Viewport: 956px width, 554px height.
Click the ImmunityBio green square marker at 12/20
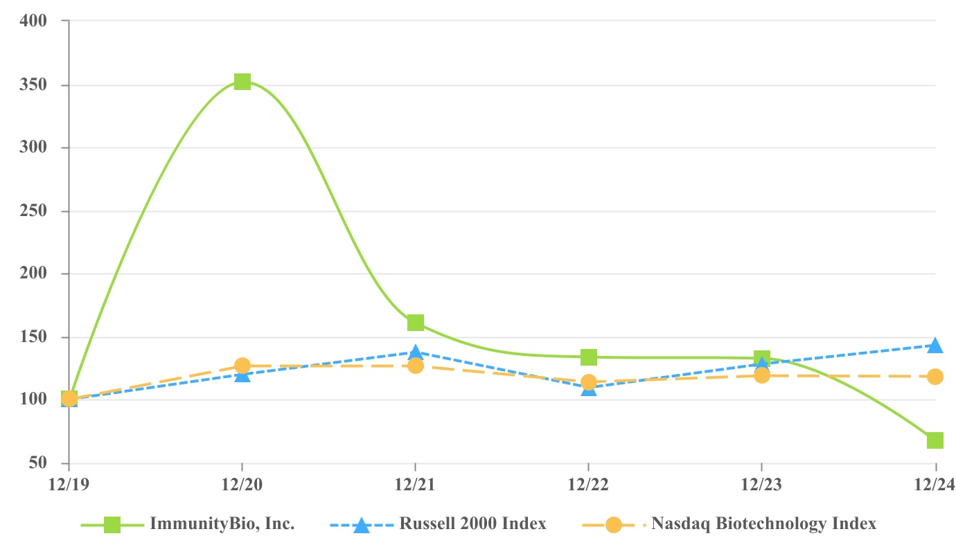[x=242, y=82]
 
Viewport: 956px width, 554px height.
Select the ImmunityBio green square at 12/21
[x=415, y=323]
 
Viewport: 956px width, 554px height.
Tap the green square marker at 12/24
[x=935, y=440]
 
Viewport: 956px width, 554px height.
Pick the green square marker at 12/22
[x=588, y=357]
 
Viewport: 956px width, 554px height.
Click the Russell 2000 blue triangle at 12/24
[x=935, y=345]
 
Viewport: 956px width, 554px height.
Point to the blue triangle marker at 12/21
[x=415, y=352]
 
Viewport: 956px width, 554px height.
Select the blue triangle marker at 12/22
[x=588, y=388]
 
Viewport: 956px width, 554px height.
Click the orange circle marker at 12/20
[x=242, y=366]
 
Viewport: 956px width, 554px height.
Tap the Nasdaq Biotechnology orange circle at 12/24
[x=935, y=377]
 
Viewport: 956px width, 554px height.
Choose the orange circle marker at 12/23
[x=761, y=375]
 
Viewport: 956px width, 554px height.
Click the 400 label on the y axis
[x=33, y=21]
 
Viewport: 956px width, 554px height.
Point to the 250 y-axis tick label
[x=33, y=211]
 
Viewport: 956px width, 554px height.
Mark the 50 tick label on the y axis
[x=37, y=463]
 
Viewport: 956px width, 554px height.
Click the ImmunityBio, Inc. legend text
[x=222, y=524]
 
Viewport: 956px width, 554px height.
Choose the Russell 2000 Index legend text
[x=472, y=524]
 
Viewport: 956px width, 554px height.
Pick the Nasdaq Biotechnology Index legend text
[x=763, y=524]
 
